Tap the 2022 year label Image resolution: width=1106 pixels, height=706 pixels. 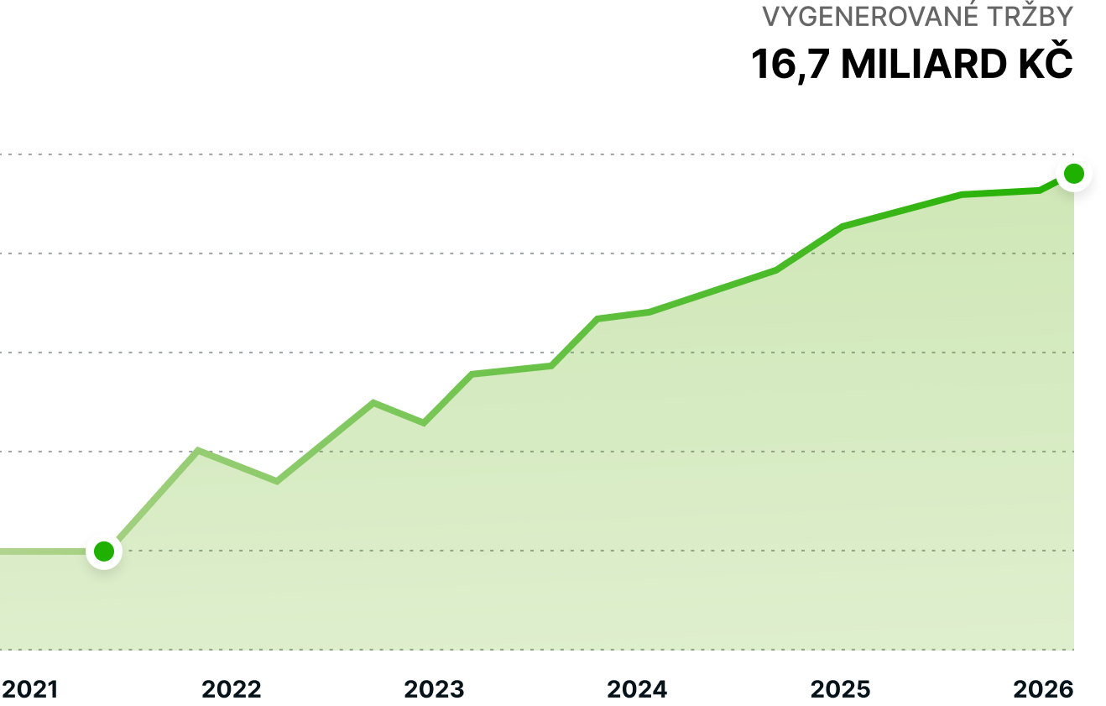tap(232, 689)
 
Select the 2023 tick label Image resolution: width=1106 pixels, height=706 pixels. tap(434, 689)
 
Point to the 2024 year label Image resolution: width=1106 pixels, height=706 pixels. tap(637, 689)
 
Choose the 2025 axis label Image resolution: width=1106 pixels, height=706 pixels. tap(840, 689)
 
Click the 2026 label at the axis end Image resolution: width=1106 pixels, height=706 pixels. tap(1043, 689)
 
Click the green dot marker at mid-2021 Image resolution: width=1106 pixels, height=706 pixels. tap(104, 552)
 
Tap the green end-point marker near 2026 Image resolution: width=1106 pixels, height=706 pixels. tap(1073, 174)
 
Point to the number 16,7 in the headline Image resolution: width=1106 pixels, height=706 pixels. tap(790, 65)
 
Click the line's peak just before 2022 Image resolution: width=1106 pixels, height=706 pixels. tap(198, 450)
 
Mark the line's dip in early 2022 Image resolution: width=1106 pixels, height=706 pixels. tap(276, 481)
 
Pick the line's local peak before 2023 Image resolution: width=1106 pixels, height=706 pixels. tap(373, 402)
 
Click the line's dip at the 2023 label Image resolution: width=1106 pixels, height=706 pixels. tap(424, 423)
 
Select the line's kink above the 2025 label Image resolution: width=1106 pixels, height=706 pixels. tap(843, 227)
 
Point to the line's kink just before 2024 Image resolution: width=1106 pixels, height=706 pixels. tap(597, 318)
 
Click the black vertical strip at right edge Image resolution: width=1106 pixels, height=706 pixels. tap(1090, 420)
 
